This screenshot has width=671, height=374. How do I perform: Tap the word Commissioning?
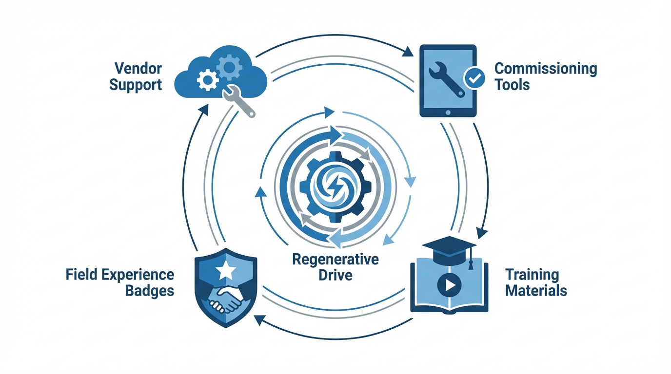[x=546, y=69]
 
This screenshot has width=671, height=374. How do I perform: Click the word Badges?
[x=150, y=291]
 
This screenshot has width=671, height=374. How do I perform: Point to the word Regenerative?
[x=335, y=259]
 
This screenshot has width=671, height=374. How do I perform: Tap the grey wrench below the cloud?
[x=240, y=101]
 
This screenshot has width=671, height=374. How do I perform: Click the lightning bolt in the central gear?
[x=336, y=187]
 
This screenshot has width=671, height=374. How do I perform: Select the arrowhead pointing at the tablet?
[x=408, y=51]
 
